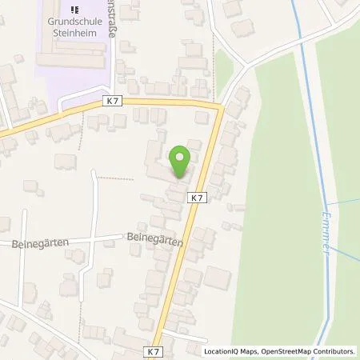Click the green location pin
(180, 159)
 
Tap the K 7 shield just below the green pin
(197, 196)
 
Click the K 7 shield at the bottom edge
(154, 350)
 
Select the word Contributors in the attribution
(334, 351)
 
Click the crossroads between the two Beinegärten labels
(93, 238)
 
